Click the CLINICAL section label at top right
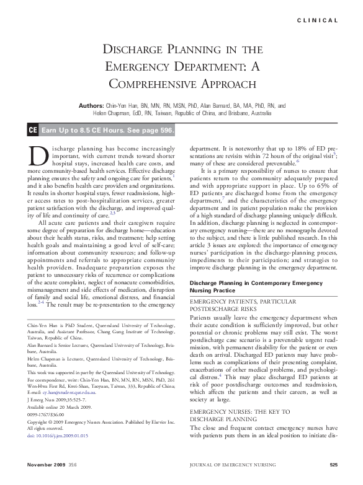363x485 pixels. (318, 20)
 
